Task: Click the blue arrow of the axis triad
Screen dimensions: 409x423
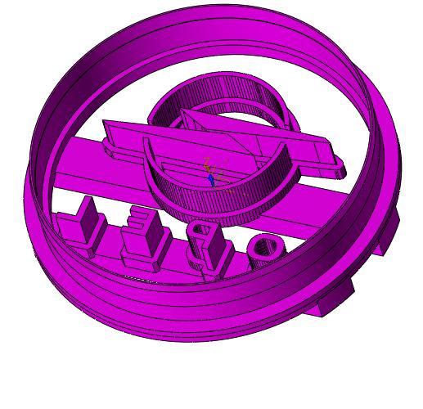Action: [210, 178]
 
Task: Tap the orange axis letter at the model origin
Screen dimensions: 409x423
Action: [207, 162]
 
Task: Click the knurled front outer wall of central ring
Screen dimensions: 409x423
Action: [221, 200]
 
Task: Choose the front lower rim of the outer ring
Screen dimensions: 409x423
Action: [188, 323]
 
